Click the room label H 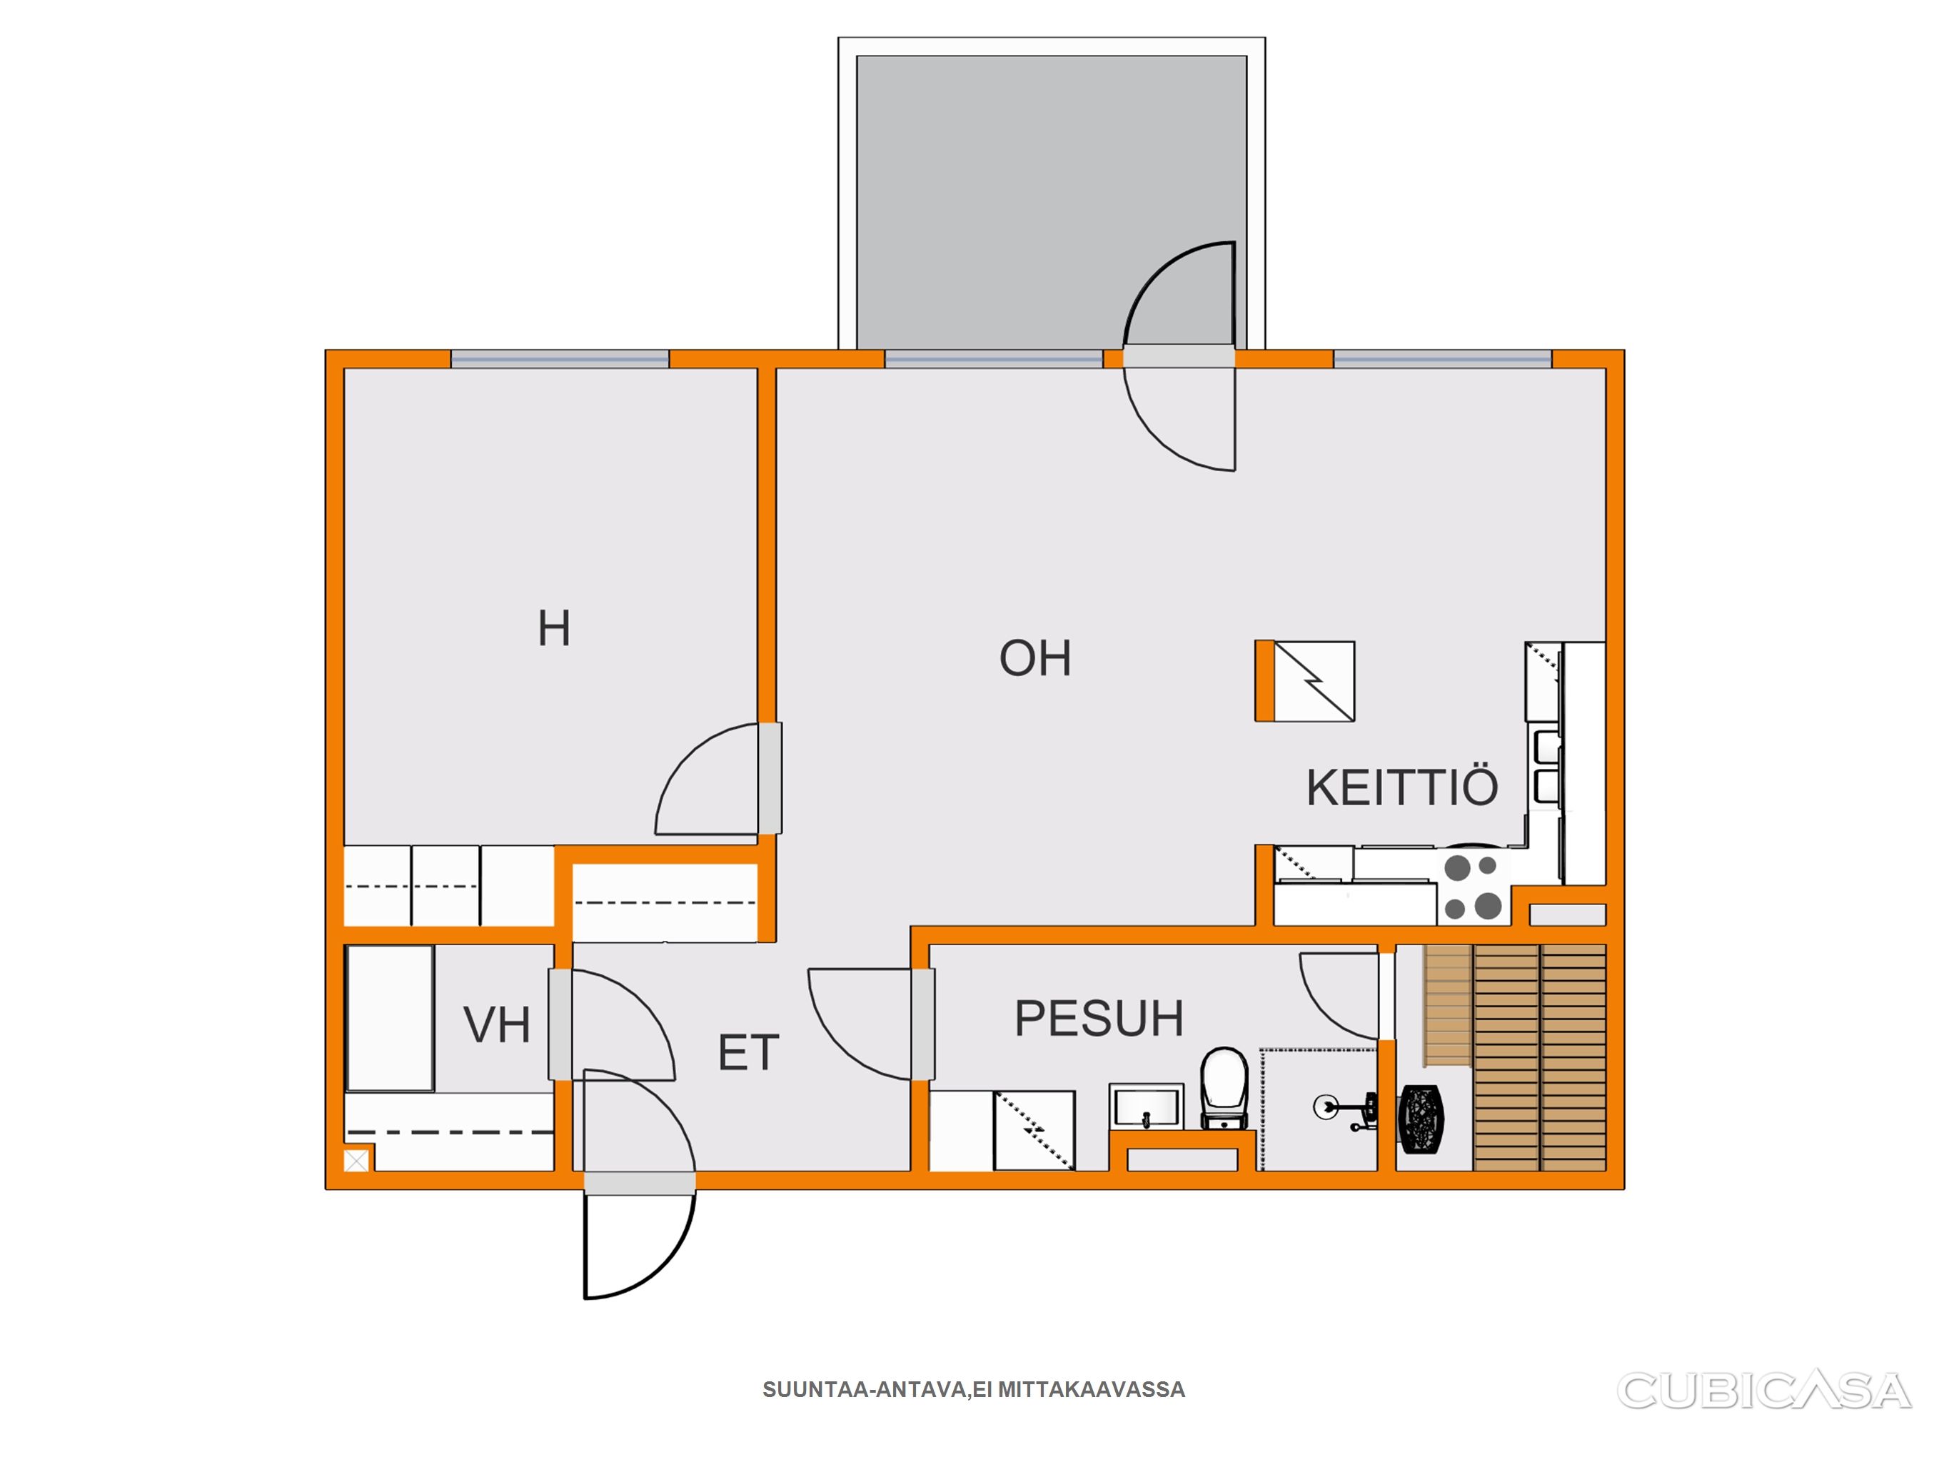click(554, 629)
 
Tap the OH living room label click(1035, 658)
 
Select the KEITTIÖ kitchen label click(1402, 787)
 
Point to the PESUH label click(1099, 1019)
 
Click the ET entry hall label click(749, 1053)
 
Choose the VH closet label click(497, 1025)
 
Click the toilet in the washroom click(1225, 1089)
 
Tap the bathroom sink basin click(1145, 1106)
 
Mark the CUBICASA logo click(1763, 1391)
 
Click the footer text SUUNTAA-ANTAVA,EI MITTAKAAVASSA click(974, 1390)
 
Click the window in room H click(560, 358)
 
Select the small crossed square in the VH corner click(357, 1161)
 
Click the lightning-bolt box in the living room click(1314, 681)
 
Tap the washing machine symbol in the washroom click(1034, 1131)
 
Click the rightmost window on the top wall click(1442, 358)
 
